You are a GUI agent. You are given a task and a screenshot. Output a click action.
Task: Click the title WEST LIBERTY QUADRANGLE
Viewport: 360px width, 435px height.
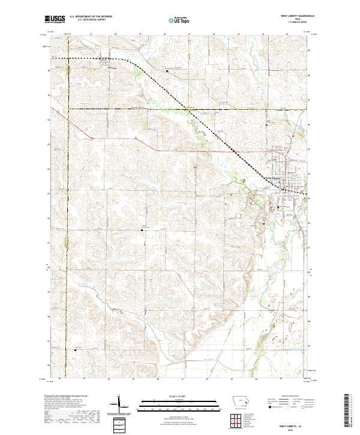point(297,15)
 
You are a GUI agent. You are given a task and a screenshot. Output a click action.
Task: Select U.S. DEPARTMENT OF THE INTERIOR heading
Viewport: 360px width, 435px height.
point(91,16)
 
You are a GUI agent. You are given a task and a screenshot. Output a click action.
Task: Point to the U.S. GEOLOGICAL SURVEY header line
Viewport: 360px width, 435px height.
point(91,20)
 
